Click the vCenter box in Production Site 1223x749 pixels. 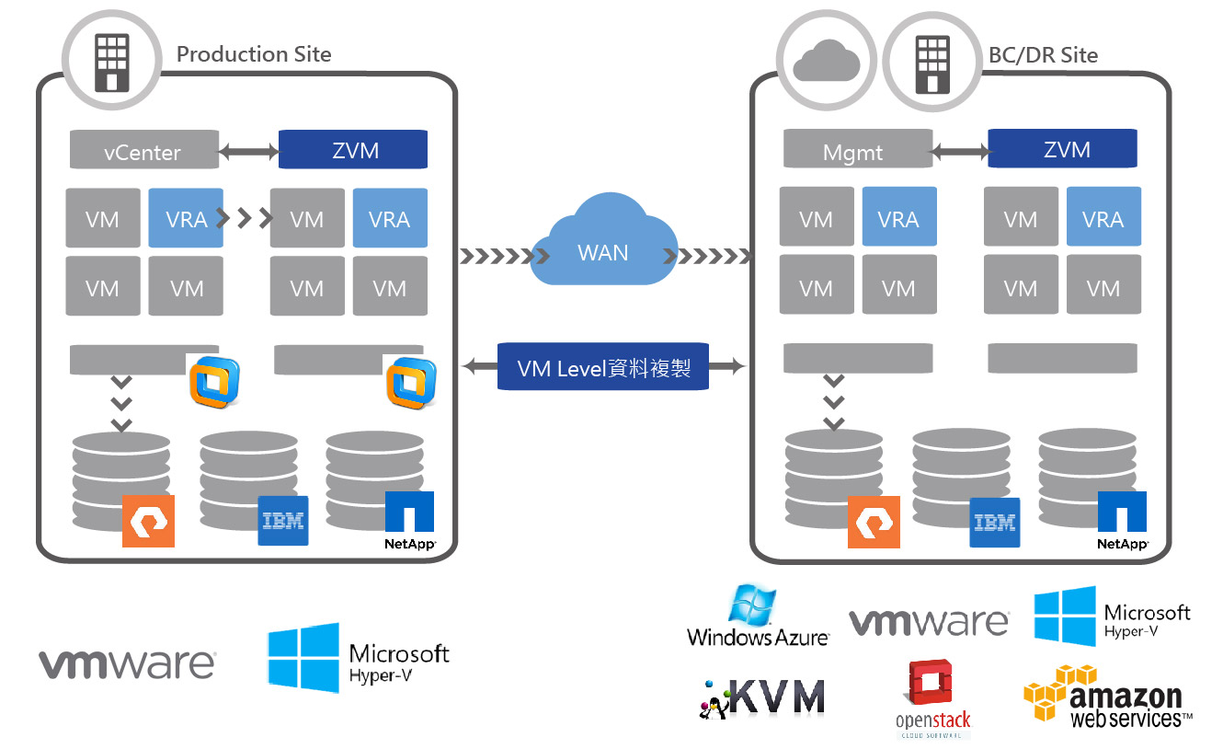144,151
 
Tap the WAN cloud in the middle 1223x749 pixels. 603,248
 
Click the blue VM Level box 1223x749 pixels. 603,367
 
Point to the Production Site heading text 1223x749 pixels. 254,54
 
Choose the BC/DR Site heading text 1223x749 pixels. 1043,55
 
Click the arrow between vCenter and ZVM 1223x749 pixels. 249,150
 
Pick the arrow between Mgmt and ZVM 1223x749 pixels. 960,149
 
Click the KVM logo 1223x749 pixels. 762,698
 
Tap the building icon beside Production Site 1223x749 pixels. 112,62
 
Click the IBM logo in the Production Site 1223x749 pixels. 283,521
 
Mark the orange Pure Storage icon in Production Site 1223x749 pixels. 148,521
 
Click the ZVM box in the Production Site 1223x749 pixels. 354,150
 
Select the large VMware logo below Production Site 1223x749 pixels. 127,663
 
